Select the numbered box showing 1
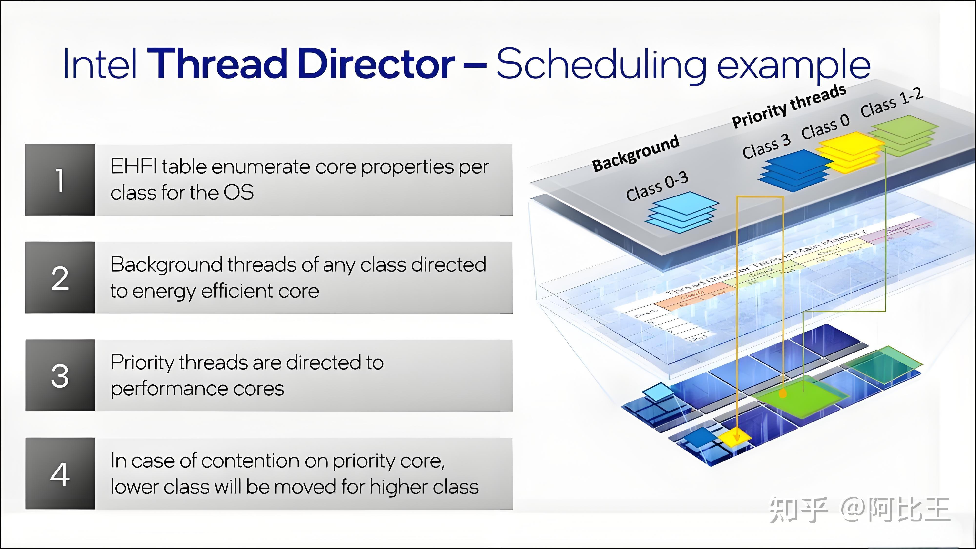pyautogui.click(x=60, y=179)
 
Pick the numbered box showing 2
pyautogui.click(x=60, y=277)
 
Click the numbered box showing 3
pyautogui.click(x=60, y=375)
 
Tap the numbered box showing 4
pyautogui.click(x=60, y=473)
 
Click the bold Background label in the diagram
pyautogui.click(x=636, y=153)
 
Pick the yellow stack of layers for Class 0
pyautogui.click(x=850, y=151)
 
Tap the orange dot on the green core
pyautogui.click(x=783, y=394)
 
